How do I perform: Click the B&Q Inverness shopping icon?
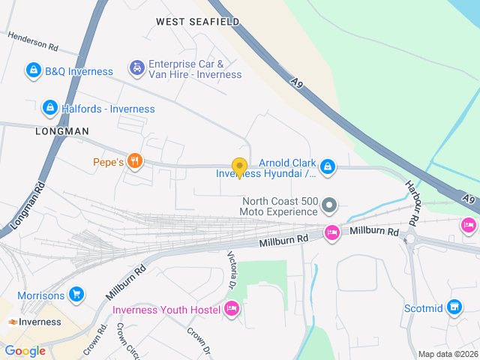point(33,71)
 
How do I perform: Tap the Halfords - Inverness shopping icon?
point(50,109)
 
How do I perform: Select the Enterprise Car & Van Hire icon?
point(136,69)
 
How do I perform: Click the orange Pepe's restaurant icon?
point(135,161)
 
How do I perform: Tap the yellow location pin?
point(239,168)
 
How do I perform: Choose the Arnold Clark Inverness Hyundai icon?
point(327,167)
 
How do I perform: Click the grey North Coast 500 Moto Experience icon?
point(328,205)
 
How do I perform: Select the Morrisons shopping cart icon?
point(75,295)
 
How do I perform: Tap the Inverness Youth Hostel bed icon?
point(232,309)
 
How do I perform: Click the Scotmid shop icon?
point(453,307)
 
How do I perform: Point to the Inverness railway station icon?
point(13,322)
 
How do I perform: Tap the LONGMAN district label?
point(61,130)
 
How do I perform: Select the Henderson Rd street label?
point(32,40)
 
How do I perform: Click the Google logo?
point(25,350)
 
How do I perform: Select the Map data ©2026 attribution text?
point(447,354)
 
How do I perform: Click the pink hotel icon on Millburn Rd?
point(331,233)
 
